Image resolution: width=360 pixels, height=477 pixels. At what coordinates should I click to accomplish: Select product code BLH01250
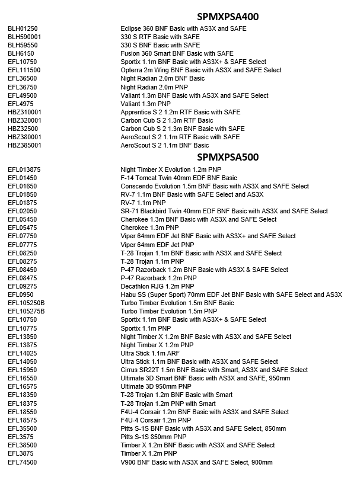23,28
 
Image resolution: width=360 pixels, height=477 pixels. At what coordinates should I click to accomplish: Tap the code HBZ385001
24,145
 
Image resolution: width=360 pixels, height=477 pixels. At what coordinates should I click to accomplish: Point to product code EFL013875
24,169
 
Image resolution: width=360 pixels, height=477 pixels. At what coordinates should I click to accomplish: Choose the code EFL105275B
26,311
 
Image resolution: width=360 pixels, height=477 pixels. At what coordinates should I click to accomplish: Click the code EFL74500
23,462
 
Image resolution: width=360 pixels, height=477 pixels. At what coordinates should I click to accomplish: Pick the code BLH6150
21,53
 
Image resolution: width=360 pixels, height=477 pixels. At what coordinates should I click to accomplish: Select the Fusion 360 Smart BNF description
177,53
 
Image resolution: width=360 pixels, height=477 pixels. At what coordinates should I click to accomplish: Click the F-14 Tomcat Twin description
179,178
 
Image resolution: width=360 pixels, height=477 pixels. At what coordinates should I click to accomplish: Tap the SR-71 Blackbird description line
224,211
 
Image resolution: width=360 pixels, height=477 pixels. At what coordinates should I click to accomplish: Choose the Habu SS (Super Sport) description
231,294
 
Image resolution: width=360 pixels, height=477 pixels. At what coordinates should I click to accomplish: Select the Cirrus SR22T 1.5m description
214,370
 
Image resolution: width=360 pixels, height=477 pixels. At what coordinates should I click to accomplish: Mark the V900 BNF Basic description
197,462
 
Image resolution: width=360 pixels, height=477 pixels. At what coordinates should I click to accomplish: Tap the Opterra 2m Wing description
201,70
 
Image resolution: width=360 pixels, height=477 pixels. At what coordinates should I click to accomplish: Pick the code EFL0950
21,294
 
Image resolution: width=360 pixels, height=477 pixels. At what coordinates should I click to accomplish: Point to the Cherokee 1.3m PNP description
149,228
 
